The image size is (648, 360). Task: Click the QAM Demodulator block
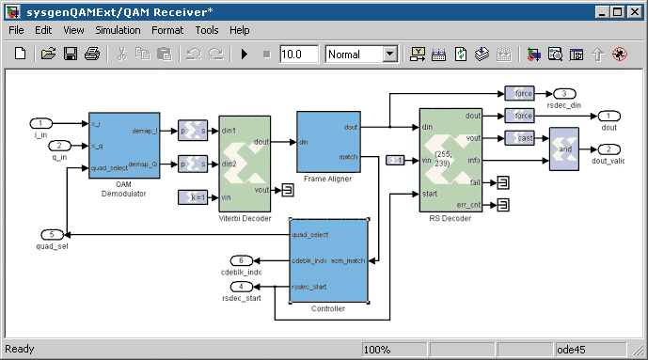click(x=125, y=145)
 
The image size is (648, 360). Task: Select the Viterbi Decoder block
click(x=245, y=164)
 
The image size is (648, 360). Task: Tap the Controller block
click(x=327, y=260)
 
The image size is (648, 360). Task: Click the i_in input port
click(x=42, y=123)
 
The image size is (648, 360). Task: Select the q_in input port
click(x=58, y=146)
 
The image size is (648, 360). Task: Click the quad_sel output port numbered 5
click(x=55, y=234)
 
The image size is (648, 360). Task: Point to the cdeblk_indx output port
click(x=242, y=260)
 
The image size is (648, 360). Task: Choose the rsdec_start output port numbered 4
click(x=242, y=287)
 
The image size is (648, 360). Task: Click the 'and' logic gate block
click(x=564, y=149)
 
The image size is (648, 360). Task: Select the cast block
click(x=519, y=138)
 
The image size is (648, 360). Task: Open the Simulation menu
click(x=118, y=30)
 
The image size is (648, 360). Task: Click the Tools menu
click(x=206, y=30)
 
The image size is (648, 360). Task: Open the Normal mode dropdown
click(x=361, y=55)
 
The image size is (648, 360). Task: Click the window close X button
click(x=634, y=10)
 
